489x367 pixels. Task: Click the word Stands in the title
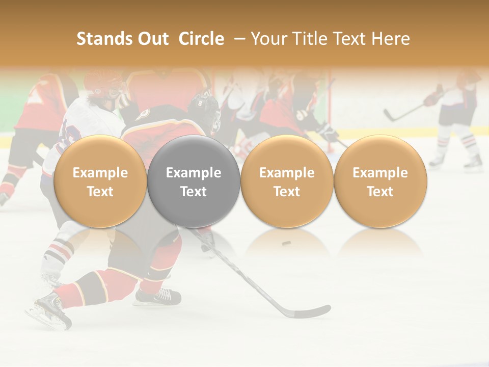click(x=100, y=39)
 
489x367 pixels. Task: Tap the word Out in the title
click(x=152, y=39)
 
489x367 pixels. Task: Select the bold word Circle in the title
click(x=201, y=39)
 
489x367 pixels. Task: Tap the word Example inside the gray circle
click(x=194, y=173)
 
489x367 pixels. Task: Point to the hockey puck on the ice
click(x=287, y=243)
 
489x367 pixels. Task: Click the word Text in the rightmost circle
click(x=380, y=192)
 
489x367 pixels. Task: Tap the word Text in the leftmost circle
click(x=100, y=192)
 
